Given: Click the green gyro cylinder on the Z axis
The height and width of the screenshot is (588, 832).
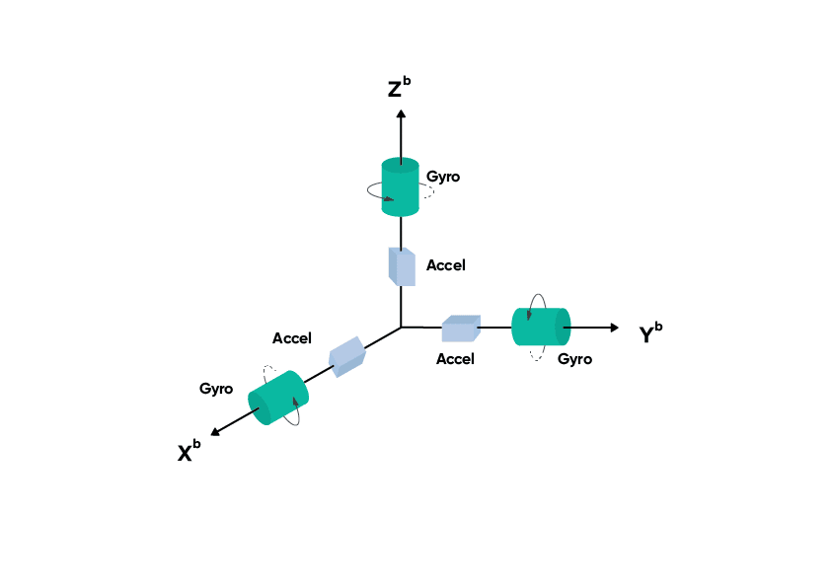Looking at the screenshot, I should [401, 189].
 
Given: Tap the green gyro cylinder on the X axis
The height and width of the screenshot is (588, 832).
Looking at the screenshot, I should [279, 398].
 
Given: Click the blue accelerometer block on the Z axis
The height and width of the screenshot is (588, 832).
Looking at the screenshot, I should [402, 266].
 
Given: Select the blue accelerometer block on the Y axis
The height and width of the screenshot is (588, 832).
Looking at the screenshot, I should [461, 329].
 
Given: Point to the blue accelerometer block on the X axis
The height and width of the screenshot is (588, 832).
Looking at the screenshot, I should [346, 356].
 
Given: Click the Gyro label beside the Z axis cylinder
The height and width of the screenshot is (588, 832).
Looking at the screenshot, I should [443, 177].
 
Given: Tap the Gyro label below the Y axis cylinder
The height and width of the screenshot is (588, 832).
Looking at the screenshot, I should [574, 359].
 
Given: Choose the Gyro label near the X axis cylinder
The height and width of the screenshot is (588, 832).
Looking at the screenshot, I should [216, 389].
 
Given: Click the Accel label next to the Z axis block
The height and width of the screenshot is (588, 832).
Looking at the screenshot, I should [445, 265].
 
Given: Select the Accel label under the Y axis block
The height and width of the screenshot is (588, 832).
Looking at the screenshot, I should [455, 359].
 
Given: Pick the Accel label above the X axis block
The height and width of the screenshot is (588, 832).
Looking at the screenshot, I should [292, 338].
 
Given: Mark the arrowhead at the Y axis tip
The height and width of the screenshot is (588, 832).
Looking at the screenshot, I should [614, 327].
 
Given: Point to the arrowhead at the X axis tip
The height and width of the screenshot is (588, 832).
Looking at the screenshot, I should [216, 431].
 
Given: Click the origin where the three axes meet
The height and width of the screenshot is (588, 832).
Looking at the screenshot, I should [401, 327].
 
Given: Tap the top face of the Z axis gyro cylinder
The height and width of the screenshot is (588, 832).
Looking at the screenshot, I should [401, 165].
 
